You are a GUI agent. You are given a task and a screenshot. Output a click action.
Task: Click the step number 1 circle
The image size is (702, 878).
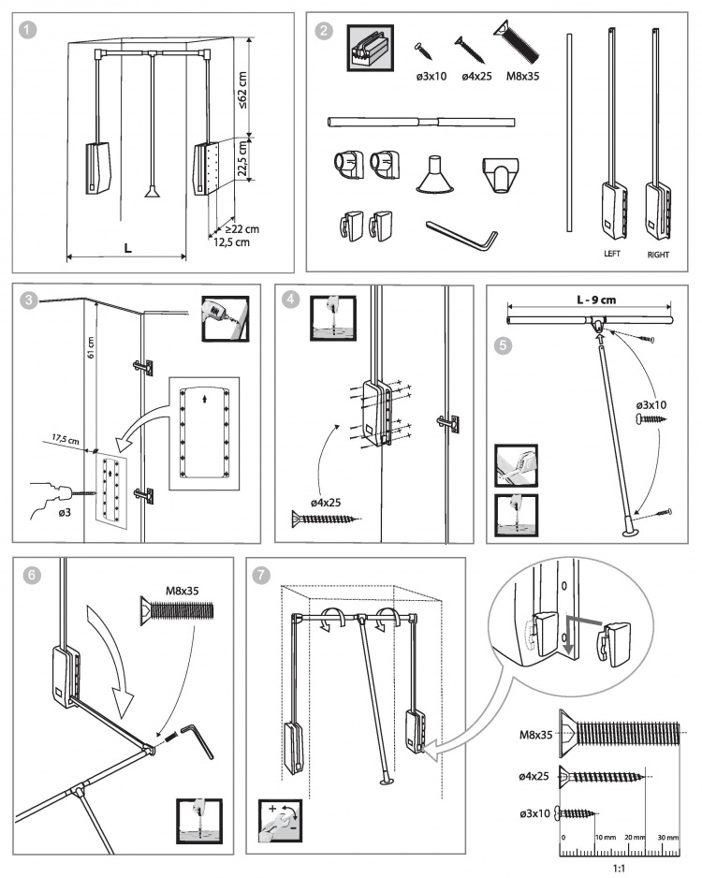(x=30, y=30)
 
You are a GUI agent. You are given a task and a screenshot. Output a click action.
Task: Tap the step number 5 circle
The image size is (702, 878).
(x=504, y=344)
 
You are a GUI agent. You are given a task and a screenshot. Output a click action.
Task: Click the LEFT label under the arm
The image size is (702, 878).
(x=613, y=253)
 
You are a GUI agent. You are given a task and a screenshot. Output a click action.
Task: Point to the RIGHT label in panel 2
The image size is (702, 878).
(x=658, y=253)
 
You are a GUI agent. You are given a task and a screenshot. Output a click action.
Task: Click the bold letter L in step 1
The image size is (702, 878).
(x=127, y=246)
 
